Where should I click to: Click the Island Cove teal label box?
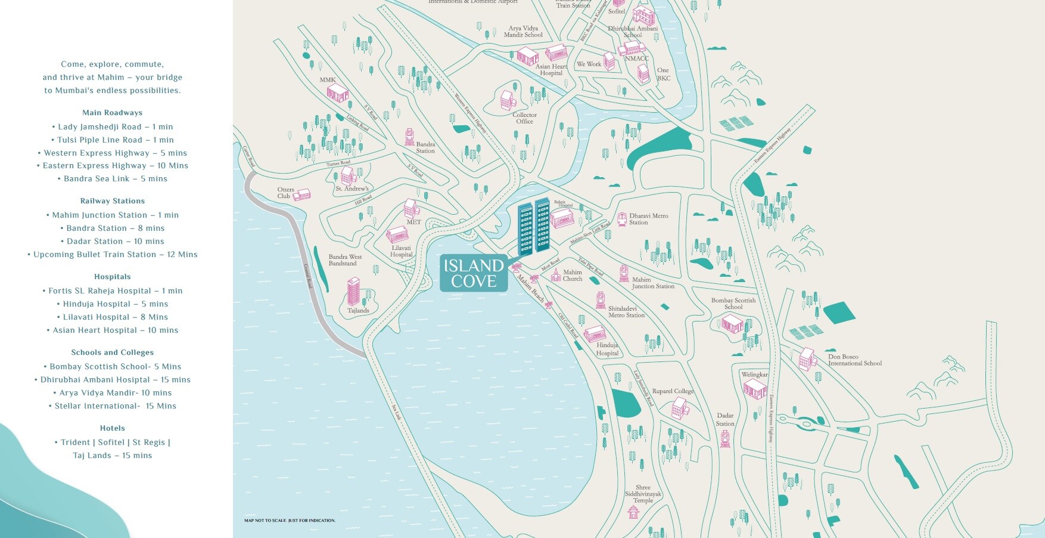474,274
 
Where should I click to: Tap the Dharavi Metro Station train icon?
622,219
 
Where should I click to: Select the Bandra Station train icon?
409,137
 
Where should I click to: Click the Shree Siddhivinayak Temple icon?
633,512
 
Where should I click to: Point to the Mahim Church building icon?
556,275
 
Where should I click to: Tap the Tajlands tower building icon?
354,292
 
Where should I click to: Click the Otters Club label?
285,193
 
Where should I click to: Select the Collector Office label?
524,118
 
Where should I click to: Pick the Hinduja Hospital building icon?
595,333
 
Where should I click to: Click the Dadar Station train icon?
725,438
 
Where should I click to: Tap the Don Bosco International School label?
854,360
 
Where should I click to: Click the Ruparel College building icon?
679,408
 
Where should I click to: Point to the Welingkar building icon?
755,389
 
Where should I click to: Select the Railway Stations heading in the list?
113,201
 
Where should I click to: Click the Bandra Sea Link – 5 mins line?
113,179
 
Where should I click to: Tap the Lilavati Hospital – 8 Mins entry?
113,317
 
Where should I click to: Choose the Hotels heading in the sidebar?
113,428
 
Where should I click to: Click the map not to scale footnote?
290,521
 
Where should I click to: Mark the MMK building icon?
337,93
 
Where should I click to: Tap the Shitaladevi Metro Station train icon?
601,300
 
